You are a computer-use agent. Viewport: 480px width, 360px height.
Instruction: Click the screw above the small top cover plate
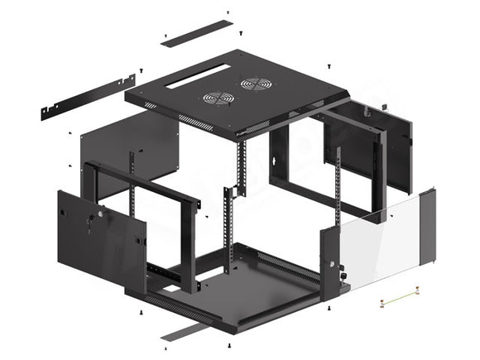click(228, 12)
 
